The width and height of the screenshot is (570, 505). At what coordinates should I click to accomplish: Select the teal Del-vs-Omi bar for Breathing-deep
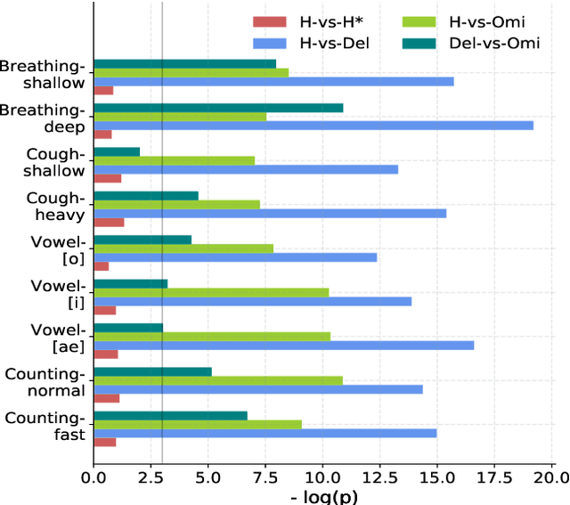(218, 108)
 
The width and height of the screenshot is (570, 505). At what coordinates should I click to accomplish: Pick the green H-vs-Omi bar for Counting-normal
(218, 380)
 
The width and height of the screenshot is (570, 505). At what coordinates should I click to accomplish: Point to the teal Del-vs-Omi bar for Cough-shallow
(117, 151)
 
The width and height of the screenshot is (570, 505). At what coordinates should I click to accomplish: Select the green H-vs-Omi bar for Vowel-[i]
(211, 292)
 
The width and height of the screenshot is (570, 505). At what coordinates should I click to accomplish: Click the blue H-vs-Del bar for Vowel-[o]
(235, 257)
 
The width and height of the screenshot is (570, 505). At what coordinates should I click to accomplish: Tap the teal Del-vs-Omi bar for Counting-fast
(170, 415)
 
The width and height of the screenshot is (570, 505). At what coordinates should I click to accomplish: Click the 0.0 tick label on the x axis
(94, 476)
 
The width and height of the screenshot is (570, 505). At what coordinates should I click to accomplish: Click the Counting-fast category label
(45, 426)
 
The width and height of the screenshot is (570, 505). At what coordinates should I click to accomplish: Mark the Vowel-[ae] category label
(55, 338)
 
